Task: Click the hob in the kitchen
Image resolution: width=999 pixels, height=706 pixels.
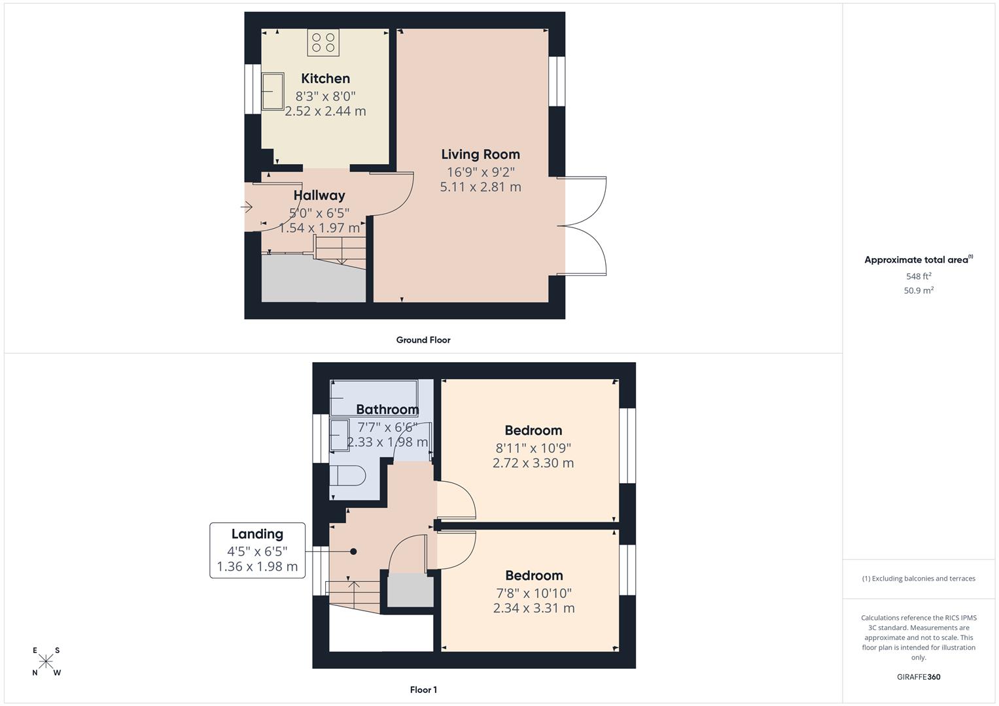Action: [324, 42]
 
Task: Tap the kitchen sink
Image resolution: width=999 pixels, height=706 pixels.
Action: [273, 91]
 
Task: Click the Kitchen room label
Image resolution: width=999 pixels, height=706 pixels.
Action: [325, 78]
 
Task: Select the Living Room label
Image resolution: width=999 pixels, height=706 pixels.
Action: [480, 154]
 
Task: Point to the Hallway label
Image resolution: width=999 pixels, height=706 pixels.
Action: [319, 195]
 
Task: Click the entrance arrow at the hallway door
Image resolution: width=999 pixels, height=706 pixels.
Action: [247, 207]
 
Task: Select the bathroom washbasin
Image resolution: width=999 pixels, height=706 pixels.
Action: [340, 435]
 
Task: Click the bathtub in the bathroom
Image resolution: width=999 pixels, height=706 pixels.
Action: [374, 397]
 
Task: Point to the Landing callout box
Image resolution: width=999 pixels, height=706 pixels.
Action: [257, 550]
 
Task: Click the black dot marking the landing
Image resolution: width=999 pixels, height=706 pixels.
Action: [353, 551]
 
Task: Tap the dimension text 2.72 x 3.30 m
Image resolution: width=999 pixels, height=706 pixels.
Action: [533, 463]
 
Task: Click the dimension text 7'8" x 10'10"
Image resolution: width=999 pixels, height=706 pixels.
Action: [534, 593]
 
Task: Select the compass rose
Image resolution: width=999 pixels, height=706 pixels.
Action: [46, 662]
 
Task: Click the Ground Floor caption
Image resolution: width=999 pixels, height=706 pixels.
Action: [423, 340]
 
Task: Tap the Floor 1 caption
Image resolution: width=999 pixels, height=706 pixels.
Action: [423, 690]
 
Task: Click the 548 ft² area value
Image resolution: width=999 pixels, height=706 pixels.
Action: [919, 276]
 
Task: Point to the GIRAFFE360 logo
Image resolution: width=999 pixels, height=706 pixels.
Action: [919, 677]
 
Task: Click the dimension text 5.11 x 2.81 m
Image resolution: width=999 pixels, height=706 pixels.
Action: [480, 187]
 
